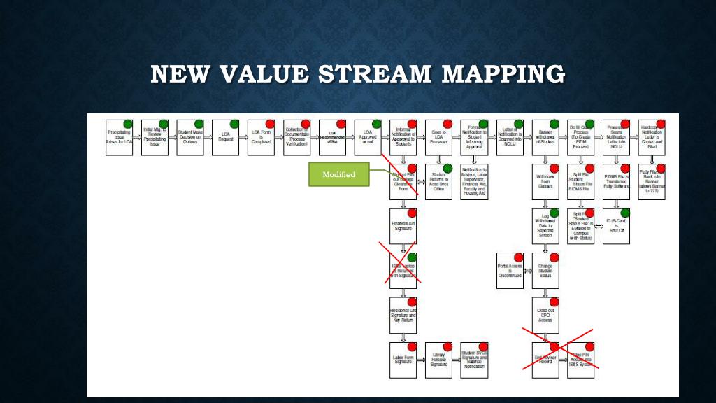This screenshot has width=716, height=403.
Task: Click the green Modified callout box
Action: coord(338,174)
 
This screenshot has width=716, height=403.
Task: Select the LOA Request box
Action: coord(225,137)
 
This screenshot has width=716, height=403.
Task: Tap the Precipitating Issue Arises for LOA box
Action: coord(119,137)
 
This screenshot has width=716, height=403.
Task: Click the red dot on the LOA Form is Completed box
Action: coord(270,124)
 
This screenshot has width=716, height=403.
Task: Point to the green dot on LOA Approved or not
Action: coord(377,124)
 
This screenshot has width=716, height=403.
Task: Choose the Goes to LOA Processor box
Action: coord(438,137)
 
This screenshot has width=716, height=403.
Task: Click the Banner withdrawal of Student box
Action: coord(545,137)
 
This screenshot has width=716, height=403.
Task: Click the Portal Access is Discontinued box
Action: coord(510,271)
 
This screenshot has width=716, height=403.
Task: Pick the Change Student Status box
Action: coord(545,271)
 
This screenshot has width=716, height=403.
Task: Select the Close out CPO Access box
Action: coord(545,316)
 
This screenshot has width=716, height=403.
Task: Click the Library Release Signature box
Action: coord(438,360)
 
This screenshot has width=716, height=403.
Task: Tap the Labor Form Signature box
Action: coord(403,360)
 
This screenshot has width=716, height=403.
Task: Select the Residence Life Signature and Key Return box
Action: coord(403,316)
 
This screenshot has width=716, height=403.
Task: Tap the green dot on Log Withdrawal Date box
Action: coord(554,213)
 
